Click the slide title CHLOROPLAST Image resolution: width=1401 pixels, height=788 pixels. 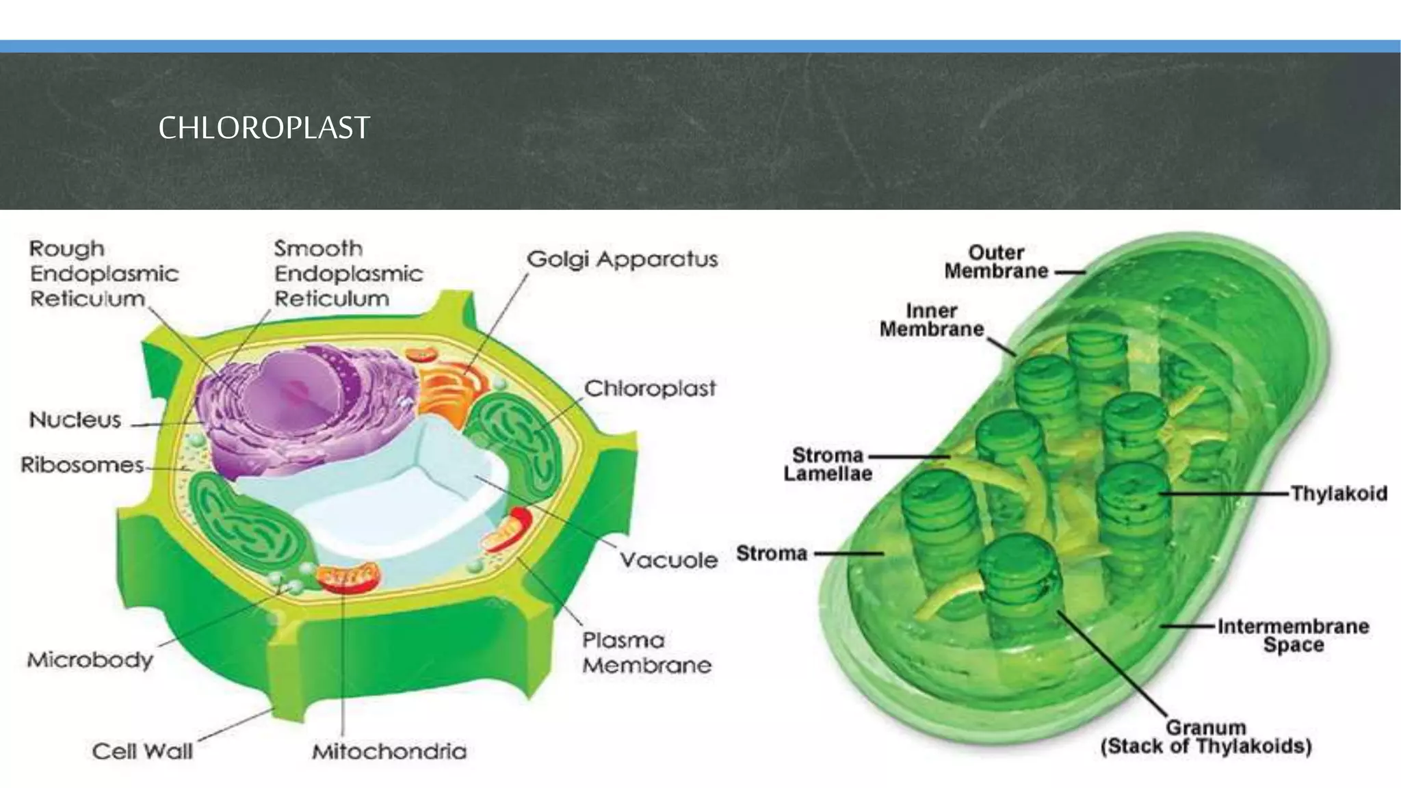point(264,128)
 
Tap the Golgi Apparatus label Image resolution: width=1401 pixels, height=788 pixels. point(622,259)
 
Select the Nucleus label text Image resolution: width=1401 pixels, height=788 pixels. point(75,419)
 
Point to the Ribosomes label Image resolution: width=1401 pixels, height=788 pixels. point(82,465)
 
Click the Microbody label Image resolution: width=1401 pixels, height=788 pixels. point(90,660)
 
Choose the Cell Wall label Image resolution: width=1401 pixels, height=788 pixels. point(142,751)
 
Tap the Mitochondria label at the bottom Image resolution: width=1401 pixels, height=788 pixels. point(389,751)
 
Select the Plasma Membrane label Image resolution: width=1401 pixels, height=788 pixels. point(646,653)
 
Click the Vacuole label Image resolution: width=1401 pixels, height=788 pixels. point(668,560)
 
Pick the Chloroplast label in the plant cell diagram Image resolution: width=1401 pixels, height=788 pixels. point(649,389)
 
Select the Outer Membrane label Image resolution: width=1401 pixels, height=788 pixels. point(996,262)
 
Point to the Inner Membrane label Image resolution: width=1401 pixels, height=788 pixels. point(931,320)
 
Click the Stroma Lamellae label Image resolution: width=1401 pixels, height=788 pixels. point(828,464)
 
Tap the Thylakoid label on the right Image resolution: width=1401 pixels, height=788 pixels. point(1339,493)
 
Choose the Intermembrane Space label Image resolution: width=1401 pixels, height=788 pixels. point(1293,635)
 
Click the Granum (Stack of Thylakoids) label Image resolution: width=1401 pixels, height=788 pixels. point(1206,737)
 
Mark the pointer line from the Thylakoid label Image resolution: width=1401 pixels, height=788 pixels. point(1225,493)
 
